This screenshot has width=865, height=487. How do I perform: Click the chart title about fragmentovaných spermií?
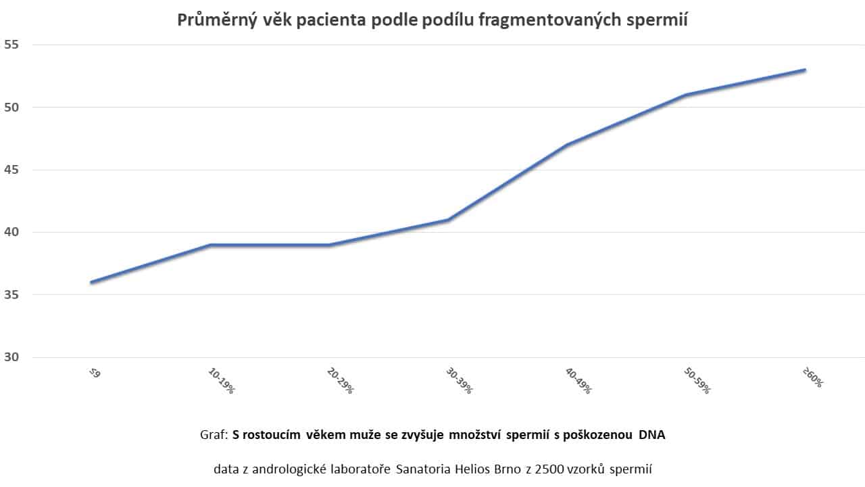pos(432,20)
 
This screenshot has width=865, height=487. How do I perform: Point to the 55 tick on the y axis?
pos(13,45)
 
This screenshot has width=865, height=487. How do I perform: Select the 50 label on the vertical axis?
pos(13,108)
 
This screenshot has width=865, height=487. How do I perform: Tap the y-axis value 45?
pos(13,170)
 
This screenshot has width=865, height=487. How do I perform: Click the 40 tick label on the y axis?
pos(13,233)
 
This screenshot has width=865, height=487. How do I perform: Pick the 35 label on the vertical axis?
pos(13,295)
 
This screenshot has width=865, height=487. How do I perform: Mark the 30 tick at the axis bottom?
pos(13,358)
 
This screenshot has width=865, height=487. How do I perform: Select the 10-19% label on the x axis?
pos(220,381)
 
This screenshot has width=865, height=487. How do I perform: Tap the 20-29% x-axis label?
pos(340,381)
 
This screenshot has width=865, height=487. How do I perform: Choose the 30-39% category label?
pos(459,381)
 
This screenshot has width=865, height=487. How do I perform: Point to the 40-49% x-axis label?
pos(578,381)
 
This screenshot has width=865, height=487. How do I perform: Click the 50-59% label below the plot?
pos(697,381)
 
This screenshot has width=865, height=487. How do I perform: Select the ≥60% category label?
pos(812,377)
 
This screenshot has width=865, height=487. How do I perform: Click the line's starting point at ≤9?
pos(91,282)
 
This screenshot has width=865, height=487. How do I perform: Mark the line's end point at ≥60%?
pos(805,70)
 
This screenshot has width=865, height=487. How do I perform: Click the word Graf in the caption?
pos(213,435)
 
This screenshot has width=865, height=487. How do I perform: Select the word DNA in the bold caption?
pos(651,435)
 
